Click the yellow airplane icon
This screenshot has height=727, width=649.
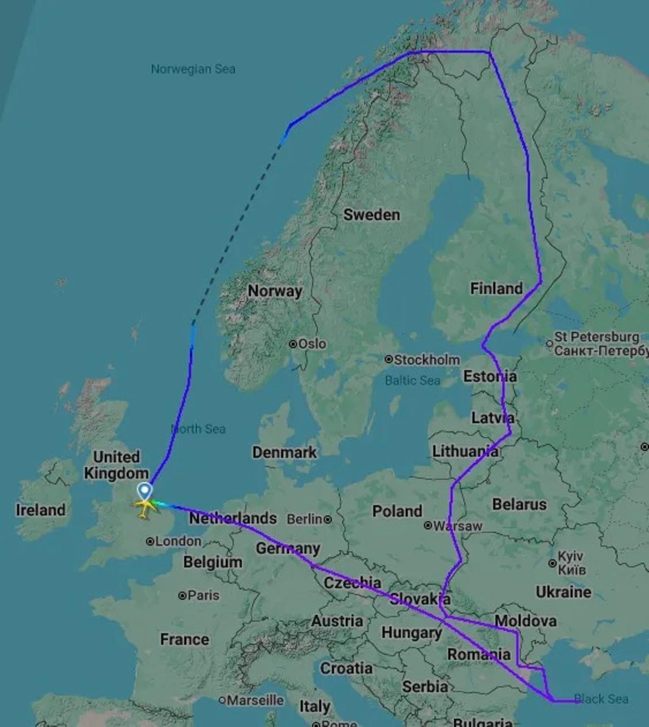pyautogui.click(x=144, y=507)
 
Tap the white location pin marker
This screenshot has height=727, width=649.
pyautogui.click(x=144, y=492)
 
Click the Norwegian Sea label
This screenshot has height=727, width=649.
pyautogui.click(x=193, y=69)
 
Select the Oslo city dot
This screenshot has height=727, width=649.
pyautogui.click(x=293, y=344)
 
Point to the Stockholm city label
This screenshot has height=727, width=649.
pyautogui.click(x=427, y=360)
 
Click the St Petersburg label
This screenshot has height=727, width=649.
pyautogui.click(x=597, y=337)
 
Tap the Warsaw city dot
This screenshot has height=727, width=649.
pyautogui.click(x=428, y=525)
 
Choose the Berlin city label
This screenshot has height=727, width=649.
pyautogui.click(x=305, y=519)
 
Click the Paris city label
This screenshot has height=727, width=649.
pyautogui.click(x=203, y=595)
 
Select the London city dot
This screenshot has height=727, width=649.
pyautogui.click(x=150, y=541)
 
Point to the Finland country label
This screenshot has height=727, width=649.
pyautogui.click(x=496, y=289)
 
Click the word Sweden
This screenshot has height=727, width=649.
pyautogui.click(x=372, y=215)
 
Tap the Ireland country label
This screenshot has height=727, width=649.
pyautogui.click(x=41, y=510)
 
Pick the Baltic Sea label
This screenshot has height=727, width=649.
pyautogui.click(x=413, y=381)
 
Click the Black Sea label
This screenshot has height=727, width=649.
pyautogui.click(x=601, y=699)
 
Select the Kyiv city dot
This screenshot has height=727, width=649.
pyautogui.click(x=552, y=564)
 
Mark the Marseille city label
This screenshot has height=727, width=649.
pyautogui.click(x=255, y=700)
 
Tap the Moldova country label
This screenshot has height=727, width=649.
pyautogui.click(x=526, y=621)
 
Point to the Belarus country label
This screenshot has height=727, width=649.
pyautogui.click(x=519, y=505)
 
